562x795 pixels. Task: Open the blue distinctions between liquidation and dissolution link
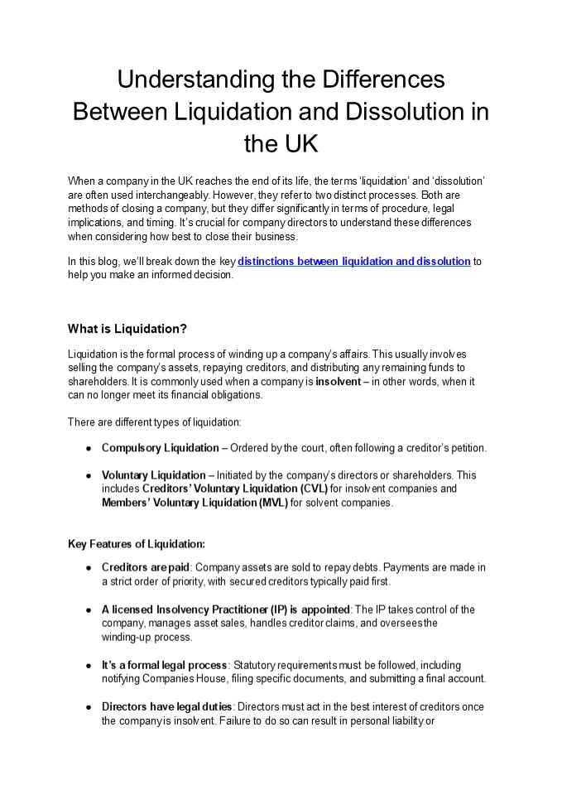354,262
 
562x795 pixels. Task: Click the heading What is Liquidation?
127,328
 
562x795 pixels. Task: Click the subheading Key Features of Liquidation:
136,544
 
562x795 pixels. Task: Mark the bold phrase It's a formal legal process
165,665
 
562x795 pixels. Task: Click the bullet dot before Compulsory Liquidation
88,449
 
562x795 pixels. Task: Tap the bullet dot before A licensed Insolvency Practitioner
88,610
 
